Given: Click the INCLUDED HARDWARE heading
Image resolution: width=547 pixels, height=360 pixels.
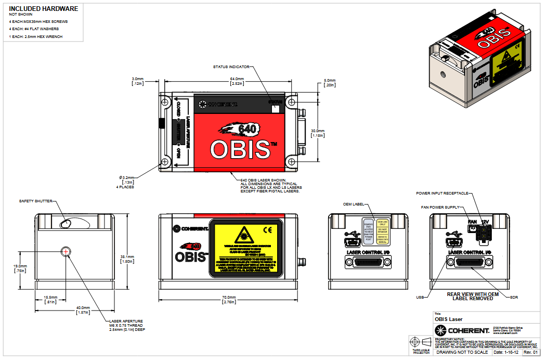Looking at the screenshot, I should (44, 9).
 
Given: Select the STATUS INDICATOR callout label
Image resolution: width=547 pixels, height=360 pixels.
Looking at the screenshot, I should (231, 67).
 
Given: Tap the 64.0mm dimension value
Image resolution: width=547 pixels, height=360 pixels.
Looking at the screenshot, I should (238, 79).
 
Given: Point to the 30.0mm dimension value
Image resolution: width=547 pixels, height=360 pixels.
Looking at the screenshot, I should (317, 131).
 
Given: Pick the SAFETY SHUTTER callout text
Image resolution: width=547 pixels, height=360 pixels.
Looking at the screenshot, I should (35, 201).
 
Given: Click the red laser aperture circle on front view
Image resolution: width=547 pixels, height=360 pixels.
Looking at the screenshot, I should (66, 252).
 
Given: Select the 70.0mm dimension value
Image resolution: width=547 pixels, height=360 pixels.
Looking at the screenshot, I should (229, 298).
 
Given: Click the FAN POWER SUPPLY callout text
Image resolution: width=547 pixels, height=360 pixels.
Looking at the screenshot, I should (440, 207).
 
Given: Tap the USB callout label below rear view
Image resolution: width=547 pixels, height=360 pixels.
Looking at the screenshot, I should (420, 298).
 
